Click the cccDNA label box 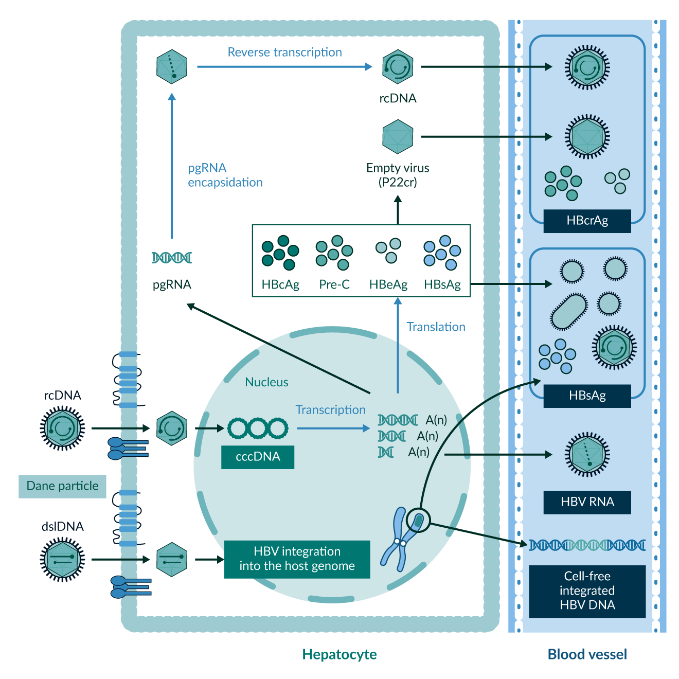pyautogui.click(x=258, y=457)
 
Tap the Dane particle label pyautogui.click(x=62, y=486)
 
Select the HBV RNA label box pyautogui.click(x=587, y=502)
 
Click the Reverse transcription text pyautogui.click(x=284, y=52)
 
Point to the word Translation pyautogui.click(x=436, y=327)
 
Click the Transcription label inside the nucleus pyautogui.click(x=330, y=410)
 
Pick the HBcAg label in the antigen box pyautogui.click(x=280, y=284)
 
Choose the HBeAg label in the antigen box pyautogui.click(x=388, y=284)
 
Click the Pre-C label pyautogui.click(x=334, y=284)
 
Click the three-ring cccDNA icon pyautogui.click(x=258, y=428)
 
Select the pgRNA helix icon pyautogui.click(x=172, y=258)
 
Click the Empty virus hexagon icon pyautogui.click(x=398, y=137)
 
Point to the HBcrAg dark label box pyautogui.click(x=587, y=221)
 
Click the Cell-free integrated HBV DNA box pyautogui.click(x=587, y=591)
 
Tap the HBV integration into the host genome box pyautogui.click(x=297, y=559)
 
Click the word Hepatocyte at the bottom pyautogui.click(x=339, y=654)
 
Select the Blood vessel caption pyautogui.click(x=587, y=654)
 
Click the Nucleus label pyautogui.click(x=266, y=382)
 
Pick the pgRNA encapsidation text pyautogui.click(x=225, y=175)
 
